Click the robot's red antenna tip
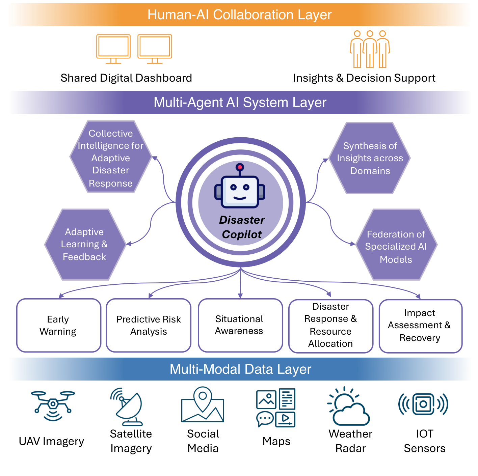pyautogui.click(x=240, y=167)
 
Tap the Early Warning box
pyautogui.click(x=59, y=325)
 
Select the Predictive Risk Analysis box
pyautogui.click(x=149, y=325)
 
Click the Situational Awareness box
pyautogui.click(x=240, y=325)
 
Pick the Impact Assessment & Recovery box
pyautogui.click(x=420, y=326)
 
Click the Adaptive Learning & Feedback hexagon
pyautogui.click(x=85, y=245)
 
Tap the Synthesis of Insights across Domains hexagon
pyautogui.click(x=370, y=158)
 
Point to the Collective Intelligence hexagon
pyautogui.click(x=111, y=157)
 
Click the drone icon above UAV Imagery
pyautogui.click(x=53, y=405)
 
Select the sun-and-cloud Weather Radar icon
pyautogui.click(x=349, y=407)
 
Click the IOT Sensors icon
pyautogui.click(x=423, y=404)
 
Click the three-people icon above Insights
pyautogui.click(x=370, y=49)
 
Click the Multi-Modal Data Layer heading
pyautogui.click(x=240, y=369)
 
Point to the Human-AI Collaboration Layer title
pyautogui.click(x=239, y=15)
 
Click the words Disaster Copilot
pyautogui.click(x=242, y=227)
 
